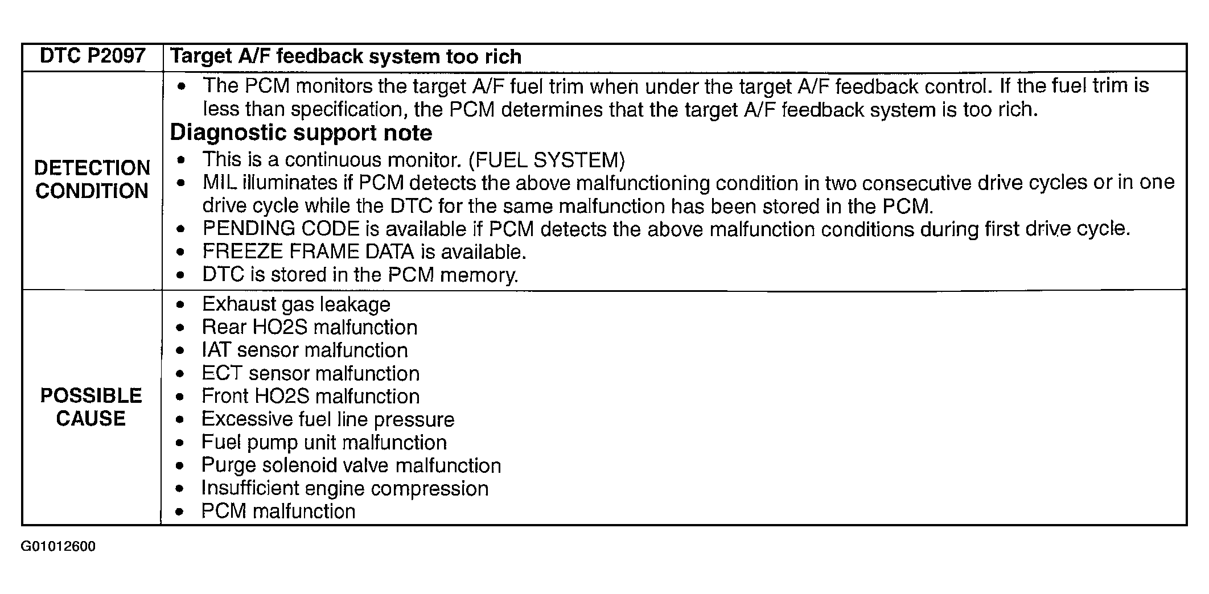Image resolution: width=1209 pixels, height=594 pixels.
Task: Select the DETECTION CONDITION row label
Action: (92, 179)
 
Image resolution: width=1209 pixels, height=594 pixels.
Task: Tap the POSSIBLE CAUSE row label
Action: (91, 407)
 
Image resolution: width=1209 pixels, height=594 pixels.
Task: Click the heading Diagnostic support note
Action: (301, 133)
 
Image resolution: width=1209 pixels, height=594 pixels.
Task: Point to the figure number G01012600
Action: (58, 547)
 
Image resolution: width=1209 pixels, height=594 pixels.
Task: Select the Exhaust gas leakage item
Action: (296, 304)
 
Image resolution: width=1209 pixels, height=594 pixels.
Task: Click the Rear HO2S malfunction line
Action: (310, 327)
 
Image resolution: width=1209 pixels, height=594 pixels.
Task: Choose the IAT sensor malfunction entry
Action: (305, 350)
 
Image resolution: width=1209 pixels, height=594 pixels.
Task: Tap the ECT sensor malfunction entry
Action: (311, 373)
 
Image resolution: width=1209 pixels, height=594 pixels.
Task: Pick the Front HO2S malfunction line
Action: (311, 396)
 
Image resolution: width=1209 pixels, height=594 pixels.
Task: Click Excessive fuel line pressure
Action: (328, 419)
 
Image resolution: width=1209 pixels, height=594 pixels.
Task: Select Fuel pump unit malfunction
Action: (324, 442)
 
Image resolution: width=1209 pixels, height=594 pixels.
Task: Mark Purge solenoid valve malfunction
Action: (351, 465)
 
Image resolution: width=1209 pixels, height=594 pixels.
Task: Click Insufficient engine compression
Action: (345, 488)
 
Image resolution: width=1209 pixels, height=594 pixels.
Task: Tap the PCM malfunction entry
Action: (278, 511)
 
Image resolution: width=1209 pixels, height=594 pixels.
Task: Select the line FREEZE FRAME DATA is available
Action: (364, 251)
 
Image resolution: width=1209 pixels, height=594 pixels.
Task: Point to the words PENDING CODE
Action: (281, 229)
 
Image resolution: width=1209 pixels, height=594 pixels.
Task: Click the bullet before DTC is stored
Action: (180, 275)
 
